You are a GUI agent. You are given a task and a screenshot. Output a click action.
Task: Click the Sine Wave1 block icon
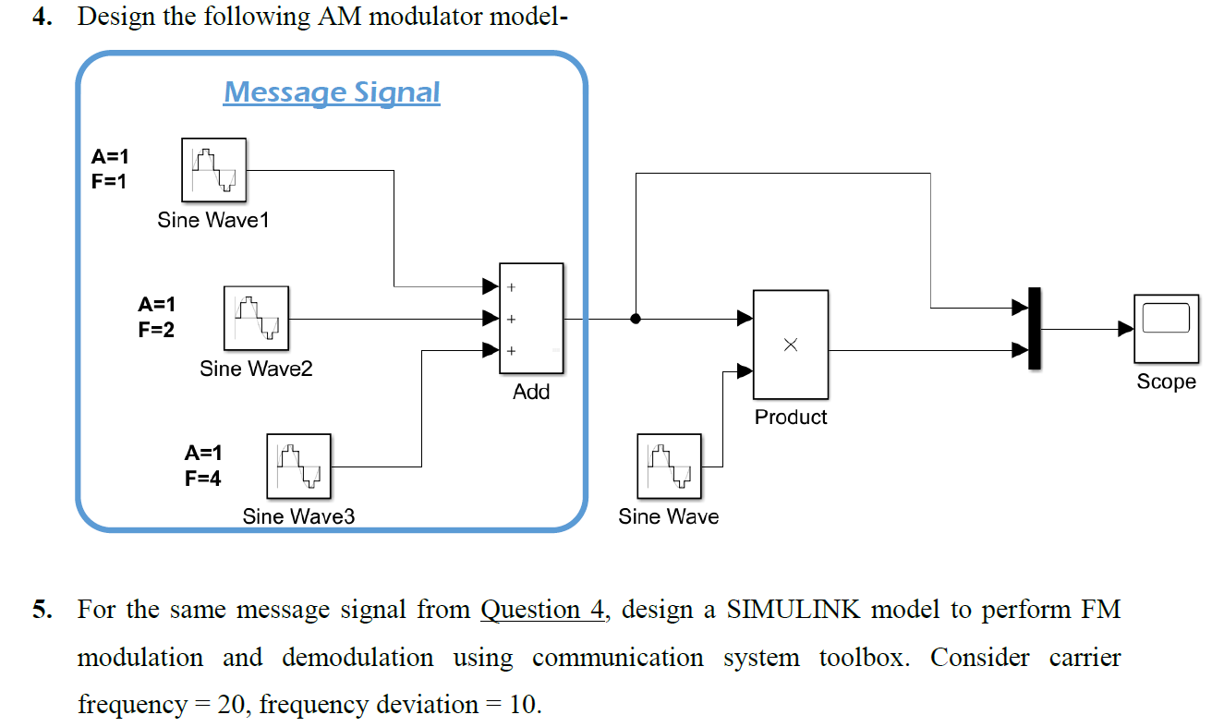[213, 170]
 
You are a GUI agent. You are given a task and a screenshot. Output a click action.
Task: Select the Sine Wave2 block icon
[256, 318]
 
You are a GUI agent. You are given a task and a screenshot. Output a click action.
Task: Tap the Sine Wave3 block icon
[298, 466]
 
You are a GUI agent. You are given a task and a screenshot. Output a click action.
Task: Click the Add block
[531, 319]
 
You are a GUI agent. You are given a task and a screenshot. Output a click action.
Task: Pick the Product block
[790, 344]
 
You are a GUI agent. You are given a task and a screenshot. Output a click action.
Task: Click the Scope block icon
[1166, 328]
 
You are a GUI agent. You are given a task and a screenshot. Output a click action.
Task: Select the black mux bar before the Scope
[1035, 328]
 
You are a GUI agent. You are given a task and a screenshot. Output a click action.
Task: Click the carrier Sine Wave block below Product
[669, 466]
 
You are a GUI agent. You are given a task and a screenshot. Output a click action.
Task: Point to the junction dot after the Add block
[636, 319]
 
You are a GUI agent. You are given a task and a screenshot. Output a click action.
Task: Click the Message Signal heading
[332, 92]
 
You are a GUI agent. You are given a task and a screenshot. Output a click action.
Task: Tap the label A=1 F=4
[203, 466]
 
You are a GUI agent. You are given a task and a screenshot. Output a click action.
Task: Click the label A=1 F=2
[156, 317]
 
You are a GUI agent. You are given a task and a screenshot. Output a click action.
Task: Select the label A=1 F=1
[110, 169]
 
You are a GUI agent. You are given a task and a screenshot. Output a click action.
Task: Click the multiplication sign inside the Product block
[790, 345]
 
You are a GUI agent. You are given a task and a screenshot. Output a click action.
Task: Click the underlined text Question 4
[543, 611]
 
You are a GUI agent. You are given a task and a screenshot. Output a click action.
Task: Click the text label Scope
[1166, 382]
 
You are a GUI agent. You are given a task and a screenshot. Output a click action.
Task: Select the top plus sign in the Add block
[510, 288]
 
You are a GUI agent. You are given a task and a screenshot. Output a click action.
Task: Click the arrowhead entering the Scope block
[1125, 328]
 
